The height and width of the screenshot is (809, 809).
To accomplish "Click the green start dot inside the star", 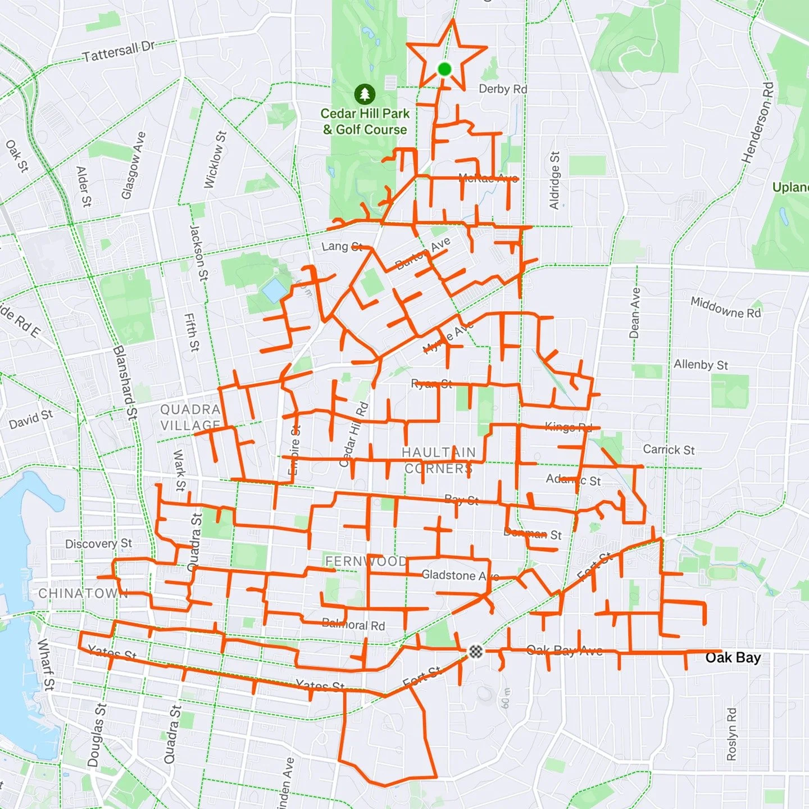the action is [444, 69].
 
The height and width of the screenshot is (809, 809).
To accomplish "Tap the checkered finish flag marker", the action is [476, 651].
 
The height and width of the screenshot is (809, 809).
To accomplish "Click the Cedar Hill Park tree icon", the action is [365, 93].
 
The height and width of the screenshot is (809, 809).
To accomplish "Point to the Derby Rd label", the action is [503, 89].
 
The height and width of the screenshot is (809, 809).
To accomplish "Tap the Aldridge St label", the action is [555, 180].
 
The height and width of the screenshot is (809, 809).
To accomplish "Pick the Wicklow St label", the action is [215, 160].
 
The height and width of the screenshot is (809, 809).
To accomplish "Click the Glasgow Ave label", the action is [134, 165].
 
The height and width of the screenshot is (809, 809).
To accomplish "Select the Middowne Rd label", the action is [725, 307].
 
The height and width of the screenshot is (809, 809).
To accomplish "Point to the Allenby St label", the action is [701, 365].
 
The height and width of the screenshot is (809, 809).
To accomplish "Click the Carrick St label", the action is [669, 449].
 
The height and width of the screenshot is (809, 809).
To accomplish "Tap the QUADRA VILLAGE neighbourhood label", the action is [190, 417].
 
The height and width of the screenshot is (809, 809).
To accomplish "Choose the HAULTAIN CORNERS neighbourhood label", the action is [439, 460].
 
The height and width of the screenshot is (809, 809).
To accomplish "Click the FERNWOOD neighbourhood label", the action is [366, 561].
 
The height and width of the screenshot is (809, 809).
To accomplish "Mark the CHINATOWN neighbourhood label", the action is [83, 593].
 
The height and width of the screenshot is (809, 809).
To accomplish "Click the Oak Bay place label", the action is [733, 657].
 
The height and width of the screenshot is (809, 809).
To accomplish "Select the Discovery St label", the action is [98, 543].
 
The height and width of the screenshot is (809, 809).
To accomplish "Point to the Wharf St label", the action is [46, 664].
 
